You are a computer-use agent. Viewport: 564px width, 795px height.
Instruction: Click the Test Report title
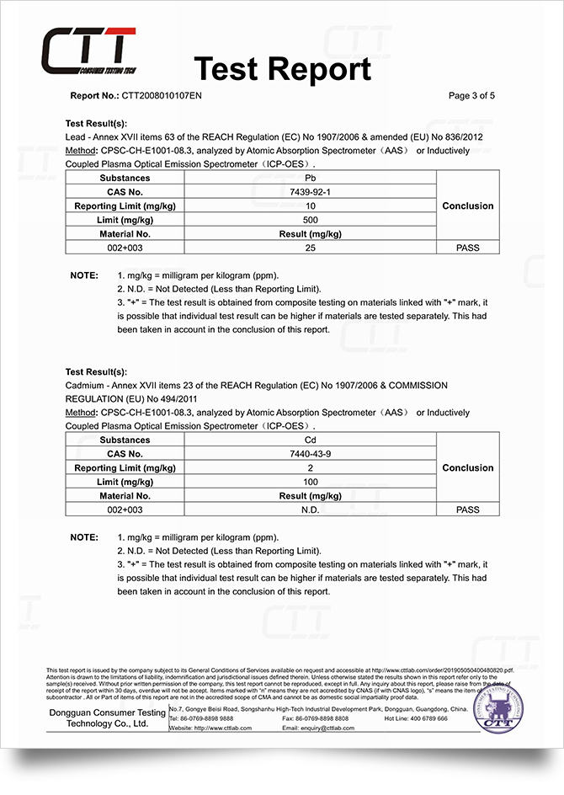(282, 69)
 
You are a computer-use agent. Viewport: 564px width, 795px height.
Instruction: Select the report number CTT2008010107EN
(162, 96)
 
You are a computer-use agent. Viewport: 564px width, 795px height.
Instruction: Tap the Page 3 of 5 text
(471, 96)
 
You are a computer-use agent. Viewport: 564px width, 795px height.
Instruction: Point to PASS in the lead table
(468, 248)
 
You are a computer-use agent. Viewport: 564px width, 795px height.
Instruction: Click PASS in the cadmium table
(468, 510)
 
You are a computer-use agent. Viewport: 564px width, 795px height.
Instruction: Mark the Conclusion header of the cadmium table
(468, 468)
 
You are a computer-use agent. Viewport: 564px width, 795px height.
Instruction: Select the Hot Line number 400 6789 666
(431, 718)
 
